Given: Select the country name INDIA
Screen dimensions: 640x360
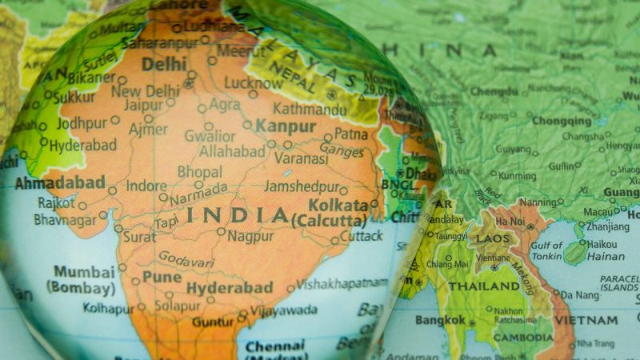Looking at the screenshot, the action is click(x=237, y=215).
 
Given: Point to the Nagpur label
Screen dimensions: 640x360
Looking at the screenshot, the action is click(x=250, y=236).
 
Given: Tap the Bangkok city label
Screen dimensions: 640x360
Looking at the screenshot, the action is click(x=440, y=320).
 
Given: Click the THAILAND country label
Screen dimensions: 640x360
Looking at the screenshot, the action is click(x=483, y=286).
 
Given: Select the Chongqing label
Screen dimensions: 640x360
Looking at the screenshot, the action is click(x=562, y=121).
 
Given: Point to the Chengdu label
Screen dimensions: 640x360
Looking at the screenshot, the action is click(x=494, y=92).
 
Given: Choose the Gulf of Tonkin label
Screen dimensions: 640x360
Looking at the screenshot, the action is click(x=546, y=250).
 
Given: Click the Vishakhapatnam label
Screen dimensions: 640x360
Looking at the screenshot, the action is click(x=342, y=283).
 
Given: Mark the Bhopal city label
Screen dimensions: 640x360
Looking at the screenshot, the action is click(x=199, y=172).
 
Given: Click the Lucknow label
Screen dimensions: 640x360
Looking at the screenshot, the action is click(x=253, y=82).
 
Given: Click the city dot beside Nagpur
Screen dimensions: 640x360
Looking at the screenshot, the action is click(x=221, y=231).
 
